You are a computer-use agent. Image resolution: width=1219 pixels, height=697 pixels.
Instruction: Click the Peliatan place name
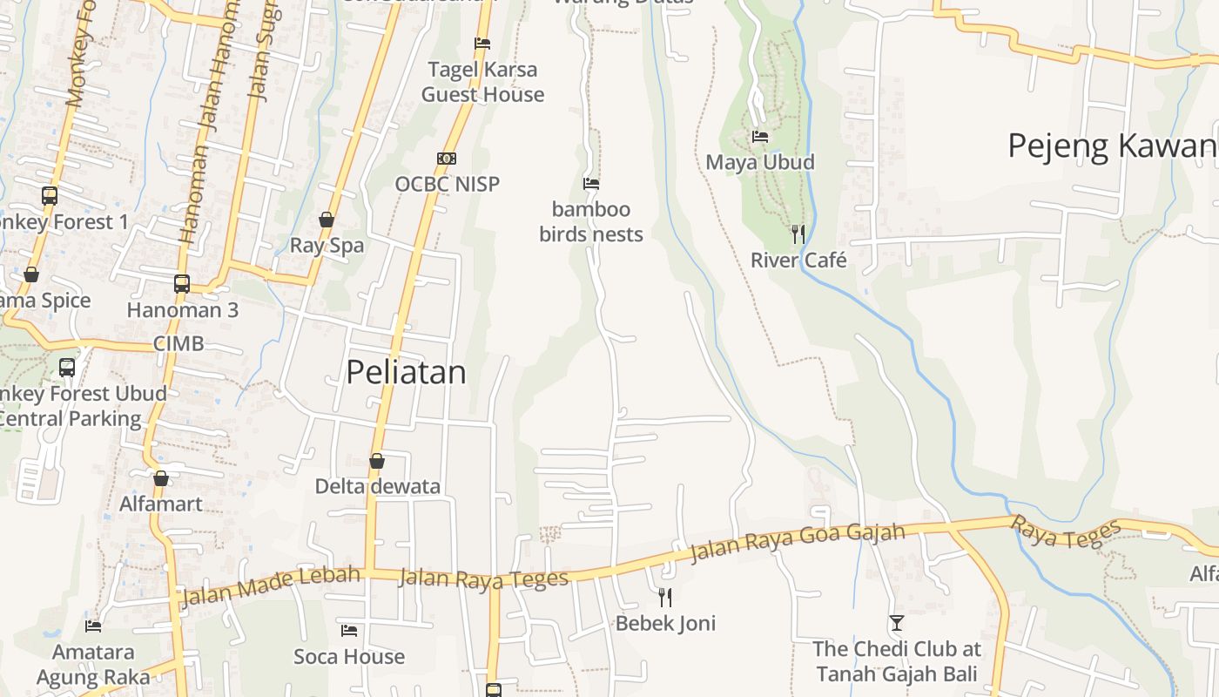click(x=406, y=372)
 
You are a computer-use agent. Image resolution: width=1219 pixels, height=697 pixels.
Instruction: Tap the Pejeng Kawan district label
click(x=1111, y=146)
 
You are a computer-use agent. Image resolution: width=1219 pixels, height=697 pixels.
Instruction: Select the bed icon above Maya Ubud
click(x=760, y=137)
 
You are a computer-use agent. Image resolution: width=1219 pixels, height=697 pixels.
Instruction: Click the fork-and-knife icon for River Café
click(x=798, y=233)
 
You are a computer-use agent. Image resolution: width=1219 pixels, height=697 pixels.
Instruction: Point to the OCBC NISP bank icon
click(x=447, y=159)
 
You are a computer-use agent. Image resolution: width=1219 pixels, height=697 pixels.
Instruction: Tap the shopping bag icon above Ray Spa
click(x=327, y=220)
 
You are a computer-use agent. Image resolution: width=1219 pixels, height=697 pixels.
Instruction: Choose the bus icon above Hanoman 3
click(x=182, y=283)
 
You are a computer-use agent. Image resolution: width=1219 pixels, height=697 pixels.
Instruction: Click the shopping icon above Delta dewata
click(x=377, y=461)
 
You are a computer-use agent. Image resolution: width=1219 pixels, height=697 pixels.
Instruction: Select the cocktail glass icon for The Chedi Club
click(x=897, y=623)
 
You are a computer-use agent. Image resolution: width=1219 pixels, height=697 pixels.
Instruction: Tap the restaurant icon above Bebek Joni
click(x=665, y=597)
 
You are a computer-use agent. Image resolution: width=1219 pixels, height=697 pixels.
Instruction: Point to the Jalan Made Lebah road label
click(x=270, y=585)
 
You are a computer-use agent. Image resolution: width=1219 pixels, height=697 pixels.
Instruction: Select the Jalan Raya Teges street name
click(x=483, y=578)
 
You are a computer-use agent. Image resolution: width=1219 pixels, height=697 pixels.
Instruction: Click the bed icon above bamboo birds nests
click(x=591, y=184)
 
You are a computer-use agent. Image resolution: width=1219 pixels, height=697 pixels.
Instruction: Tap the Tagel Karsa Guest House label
click(x=482, y=82)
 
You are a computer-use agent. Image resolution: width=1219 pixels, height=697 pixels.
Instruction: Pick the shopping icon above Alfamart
click(x=161, y=478)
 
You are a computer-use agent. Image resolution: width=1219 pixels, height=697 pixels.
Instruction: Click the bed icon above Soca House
click(x=349, y=630)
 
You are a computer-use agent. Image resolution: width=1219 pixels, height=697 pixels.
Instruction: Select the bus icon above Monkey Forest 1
click(x=50, y=196)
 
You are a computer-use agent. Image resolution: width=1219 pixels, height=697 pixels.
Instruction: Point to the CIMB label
click(x=178, y=343)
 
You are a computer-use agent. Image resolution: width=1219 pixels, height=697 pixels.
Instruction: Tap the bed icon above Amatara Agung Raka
click(x=93, y=626)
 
